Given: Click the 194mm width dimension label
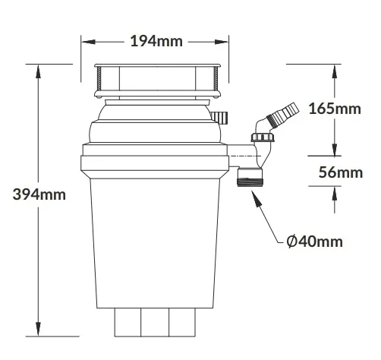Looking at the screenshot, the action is pos(156,41).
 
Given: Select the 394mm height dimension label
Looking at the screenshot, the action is pos(39,194).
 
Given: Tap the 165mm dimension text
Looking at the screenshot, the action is pos(335,109).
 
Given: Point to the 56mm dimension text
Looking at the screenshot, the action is pos(341,172).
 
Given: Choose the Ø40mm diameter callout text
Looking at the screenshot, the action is pos(315,242).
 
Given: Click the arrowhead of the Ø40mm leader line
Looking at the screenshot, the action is pos(256,198).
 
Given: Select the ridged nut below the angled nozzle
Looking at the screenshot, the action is pos(263,137).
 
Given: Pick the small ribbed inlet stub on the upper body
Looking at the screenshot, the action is pos(219,117).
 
